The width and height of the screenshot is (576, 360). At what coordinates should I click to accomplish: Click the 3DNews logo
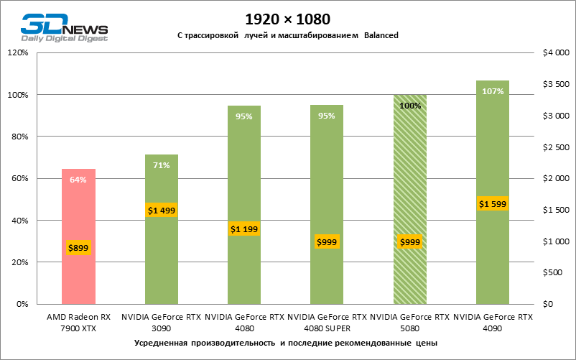pyautogui.click(x=64, y=27)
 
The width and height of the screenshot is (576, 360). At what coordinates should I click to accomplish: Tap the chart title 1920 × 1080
pyautogui.click(x=287, y=17)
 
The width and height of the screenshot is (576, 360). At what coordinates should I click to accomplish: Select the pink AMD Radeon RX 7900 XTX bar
pyautogui.click(x=78, y=237)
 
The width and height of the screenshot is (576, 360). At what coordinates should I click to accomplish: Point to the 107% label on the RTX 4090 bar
pyautogui.click(x=493, y=91)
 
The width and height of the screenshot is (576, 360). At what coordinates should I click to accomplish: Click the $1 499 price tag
pyautogui.click(x=162, y=211)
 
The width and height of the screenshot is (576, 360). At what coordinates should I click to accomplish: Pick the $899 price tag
pyautogui.click(x=78, y=248)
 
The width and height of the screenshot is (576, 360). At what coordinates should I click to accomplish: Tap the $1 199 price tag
pyautogui.click(x=244, y=229)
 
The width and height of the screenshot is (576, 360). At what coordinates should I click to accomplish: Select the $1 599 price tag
pyautogui.click(x=493, y=204)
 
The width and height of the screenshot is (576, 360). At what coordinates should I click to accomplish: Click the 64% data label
pyautogui.click(x=78, y=180)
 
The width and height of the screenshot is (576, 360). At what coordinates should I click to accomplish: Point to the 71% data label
pyautogui.click(x=162, y=165)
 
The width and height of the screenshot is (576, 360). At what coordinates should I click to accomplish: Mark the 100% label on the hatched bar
pyautogui.click(x=409, y=106)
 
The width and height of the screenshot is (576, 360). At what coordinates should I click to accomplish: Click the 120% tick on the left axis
pyautogui.click(x=17, y=52)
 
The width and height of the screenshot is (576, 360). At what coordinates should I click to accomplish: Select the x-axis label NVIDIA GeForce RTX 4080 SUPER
pyautogui.click(x=327, y=322)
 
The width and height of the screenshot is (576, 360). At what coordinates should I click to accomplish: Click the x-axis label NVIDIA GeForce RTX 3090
pyautogui.click(x=162, y=322)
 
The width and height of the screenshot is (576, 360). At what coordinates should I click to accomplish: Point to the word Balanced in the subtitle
pyautogui.click(x=381, y=35)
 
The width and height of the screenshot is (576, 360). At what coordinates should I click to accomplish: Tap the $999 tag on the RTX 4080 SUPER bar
pyautogui.click(x=327, y=242)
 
